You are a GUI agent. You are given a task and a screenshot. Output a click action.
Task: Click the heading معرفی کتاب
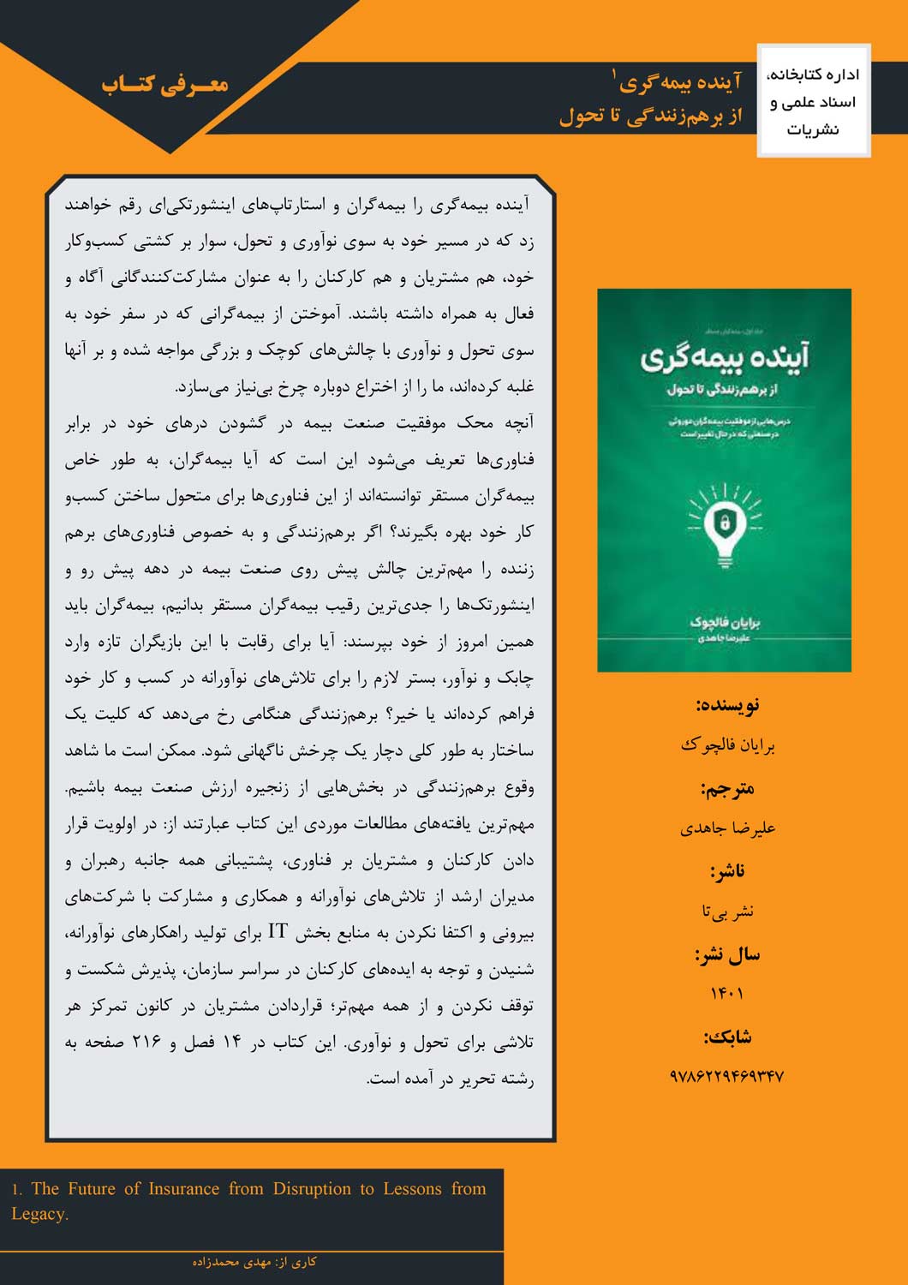pos(164,84)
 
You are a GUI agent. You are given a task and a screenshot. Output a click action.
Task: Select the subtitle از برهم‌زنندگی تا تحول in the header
pos(650,116)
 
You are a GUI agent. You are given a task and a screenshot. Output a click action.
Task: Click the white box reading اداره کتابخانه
pos(814,101)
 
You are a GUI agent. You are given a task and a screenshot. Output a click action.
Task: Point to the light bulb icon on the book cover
pos(724,526)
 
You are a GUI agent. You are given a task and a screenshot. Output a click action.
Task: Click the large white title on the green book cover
pos(725,357)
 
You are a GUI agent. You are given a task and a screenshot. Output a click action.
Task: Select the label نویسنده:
pos(727,705)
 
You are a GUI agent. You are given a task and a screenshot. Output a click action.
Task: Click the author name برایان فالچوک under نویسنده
pos(727,745)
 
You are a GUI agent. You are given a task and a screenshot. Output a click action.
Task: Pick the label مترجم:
pos(727,788)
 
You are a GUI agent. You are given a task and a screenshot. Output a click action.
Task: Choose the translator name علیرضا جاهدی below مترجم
pos(727,828)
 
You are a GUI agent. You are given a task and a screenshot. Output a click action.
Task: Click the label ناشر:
pos(727,871)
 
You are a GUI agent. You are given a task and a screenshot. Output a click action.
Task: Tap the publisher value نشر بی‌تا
pos(727,911)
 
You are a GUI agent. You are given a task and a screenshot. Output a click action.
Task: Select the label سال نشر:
pos(727,954)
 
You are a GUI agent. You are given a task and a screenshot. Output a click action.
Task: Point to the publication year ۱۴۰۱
pos(727,994)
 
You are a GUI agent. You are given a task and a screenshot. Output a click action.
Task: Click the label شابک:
pos(727,1037)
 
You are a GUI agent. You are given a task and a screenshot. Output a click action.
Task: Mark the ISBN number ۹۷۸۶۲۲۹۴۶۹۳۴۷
pos(727,1076)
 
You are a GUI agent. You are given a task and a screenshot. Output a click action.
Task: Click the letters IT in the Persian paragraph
pos(278,932)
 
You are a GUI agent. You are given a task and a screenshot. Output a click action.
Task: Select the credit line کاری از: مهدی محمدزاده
pos(254,1262)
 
